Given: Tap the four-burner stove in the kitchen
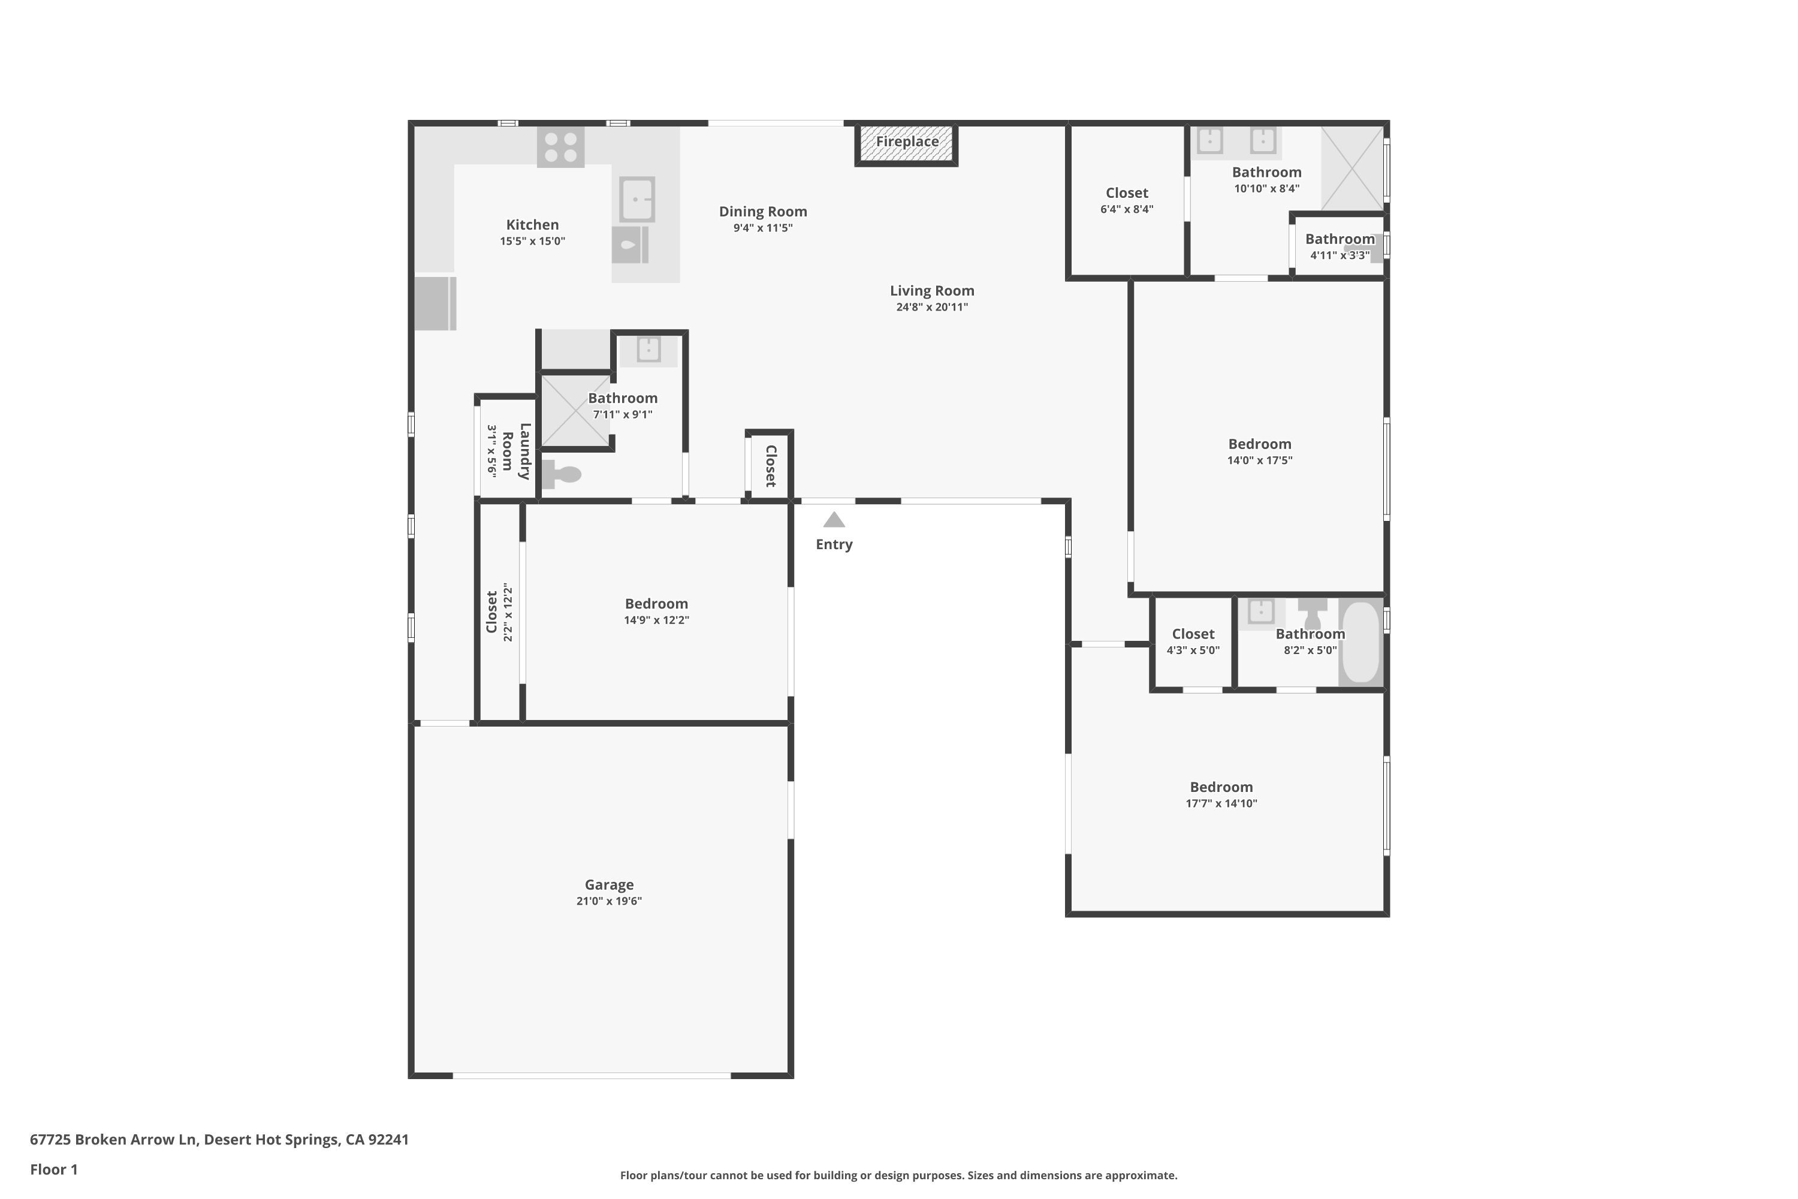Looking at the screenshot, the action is [x=560, y=147].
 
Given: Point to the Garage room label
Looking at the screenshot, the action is [x=610, y=885].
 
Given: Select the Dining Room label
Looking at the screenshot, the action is [x=763, y=212].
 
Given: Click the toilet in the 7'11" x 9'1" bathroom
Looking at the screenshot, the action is [x=562, y=474].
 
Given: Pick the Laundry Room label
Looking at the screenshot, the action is [x=517, y=451].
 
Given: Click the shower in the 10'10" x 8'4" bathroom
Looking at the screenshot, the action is [x=1352, y=168].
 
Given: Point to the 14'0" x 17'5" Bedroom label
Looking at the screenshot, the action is [x=1260, y=444].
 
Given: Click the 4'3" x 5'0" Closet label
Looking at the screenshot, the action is [x=1193, y=634].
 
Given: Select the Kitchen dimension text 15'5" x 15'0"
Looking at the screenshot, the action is [x=533, y=242].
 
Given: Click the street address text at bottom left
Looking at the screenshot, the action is [x=219, y=1140].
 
